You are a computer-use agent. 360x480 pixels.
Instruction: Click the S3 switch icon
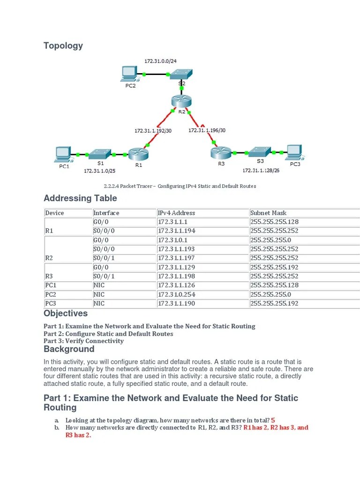pyautogui.click(x=259, y=152)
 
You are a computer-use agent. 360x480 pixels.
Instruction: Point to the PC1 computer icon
pyautogui.click(x=63, y=153)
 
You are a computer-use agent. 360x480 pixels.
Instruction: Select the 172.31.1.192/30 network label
pyautogui.click(x=153, y=130)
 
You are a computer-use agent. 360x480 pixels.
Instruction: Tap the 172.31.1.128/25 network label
pyautogui.click(x=261, y=171)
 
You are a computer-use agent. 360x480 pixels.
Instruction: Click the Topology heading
pyautogui.click(x=63, y=45)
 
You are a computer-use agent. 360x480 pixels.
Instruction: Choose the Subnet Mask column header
pyautogui.click(x=268, y=213)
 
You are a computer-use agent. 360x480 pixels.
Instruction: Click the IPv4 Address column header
pyautogui.click(x=176, y=213)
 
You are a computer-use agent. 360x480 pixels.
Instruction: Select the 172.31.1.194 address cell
pyautogui.click(x=177, y=231)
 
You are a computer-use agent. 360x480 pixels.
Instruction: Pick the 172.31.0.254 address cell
pyautogui.click(x=177, y=294)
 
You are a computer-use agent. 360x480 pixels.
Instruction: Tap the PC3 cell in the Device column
pyautogui.click(x=51, y=303)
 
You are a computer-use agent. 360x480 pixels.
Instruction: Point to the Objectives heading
pyautogui.click(x=66, y=313)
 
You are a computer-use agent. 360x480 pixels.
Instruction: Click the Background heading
pyautogui.click(x=69, y=349)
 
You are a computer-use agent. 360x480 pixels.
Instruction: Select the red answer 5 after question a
pyautogui.click(x=273, y=420)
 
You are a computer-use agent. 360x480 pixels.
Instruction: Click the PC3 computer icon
pyautogui.click(x=293, y=151)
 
